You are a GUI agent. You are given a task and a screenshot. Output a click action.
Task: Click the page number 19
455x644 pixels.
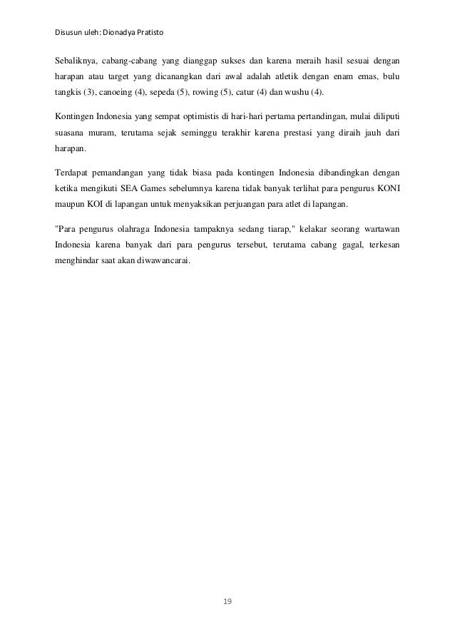tap(227, 603)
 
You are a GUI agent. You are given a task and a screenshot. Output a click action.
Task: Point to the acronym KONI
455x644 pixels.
tap(386, 190)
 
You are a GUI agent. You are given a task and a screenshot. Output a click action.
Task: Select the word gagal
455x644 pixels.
tap(337, 247)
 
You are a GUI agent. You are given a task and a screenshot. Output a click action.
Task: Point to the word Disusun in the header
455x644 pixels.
tap(68, 34)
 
